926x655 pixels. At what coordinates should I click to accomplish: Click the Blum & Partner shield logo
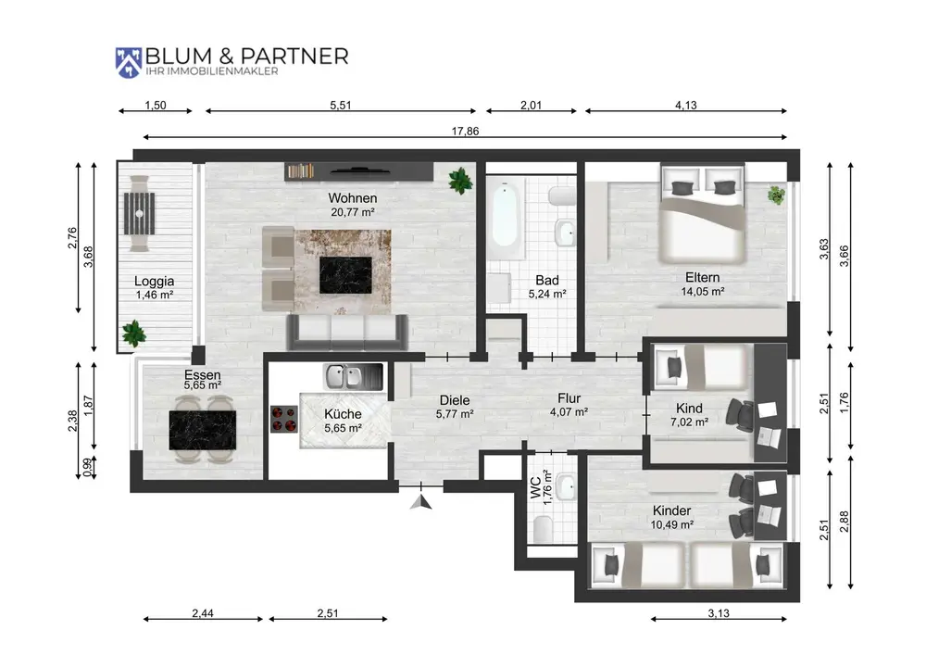click(128, 63)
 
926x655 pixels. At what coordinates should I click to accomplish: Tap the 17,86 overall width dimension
click(466, 132)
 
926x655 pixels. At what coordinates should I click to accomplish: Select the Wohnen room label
click(353, 198)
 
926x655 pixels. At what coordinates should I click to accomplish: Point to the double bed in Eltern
click(702, 213)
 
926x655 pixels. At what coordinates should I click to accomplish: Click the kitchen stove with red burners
click(284, 419)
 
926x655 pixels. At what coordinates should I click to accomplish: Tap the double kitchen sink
click(353, 377)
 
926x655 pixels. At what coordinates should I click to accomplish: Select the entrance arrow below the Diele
click(421, 502)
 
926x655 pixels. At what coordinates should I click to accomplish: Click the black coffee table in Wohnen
click(345, 275)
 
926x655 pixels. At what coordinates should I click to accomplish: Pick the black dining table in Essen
click(203, 430)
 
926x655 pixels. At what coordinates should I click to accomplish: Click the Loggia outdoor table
click(140, 213)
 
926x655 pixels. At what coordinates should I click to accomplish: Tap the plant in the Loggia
click(134, 334)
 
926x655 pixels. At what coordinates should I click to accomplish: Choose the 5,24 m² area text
click(547, 294)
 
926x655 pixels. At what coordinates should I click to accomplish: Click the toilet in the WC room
click(543, 528)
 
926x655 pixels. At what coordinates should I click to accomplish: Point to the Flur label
click(569, 398)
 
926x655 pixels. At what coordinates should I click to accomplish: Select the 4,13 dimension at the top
click(685, 105)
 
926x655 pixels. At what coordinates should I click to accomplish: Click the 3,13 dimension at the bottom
click(719, 613)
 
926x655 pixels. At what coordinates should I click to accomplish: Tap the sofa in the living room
click(347, 333)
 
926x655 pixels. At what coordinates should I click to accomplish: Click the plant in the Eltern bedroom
click(777, 195)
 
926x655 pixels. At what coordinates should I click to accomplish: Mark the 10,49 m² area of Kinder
click(672, 524)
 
